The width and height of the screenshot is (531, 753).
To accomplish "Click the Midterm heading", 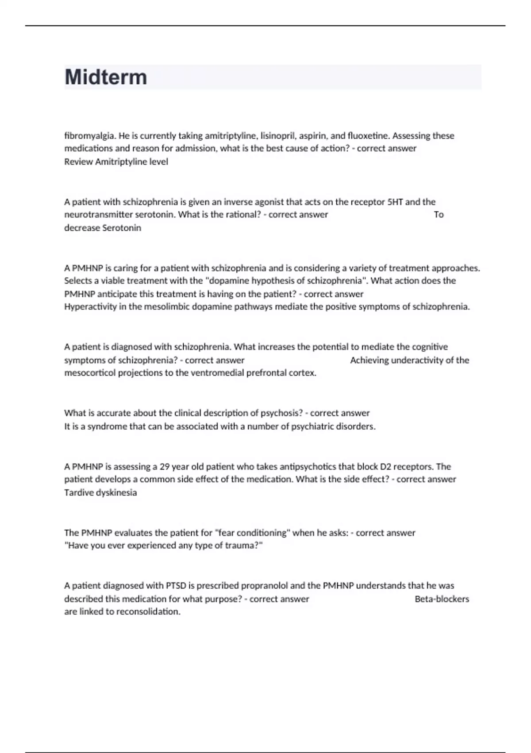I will (x=106, y=77).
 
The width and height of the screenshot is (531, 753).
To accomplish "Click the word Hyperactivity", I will (x=90, y=307).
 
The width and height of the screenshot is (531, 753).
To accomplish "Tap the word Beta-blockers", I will (x=442, y=599).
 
